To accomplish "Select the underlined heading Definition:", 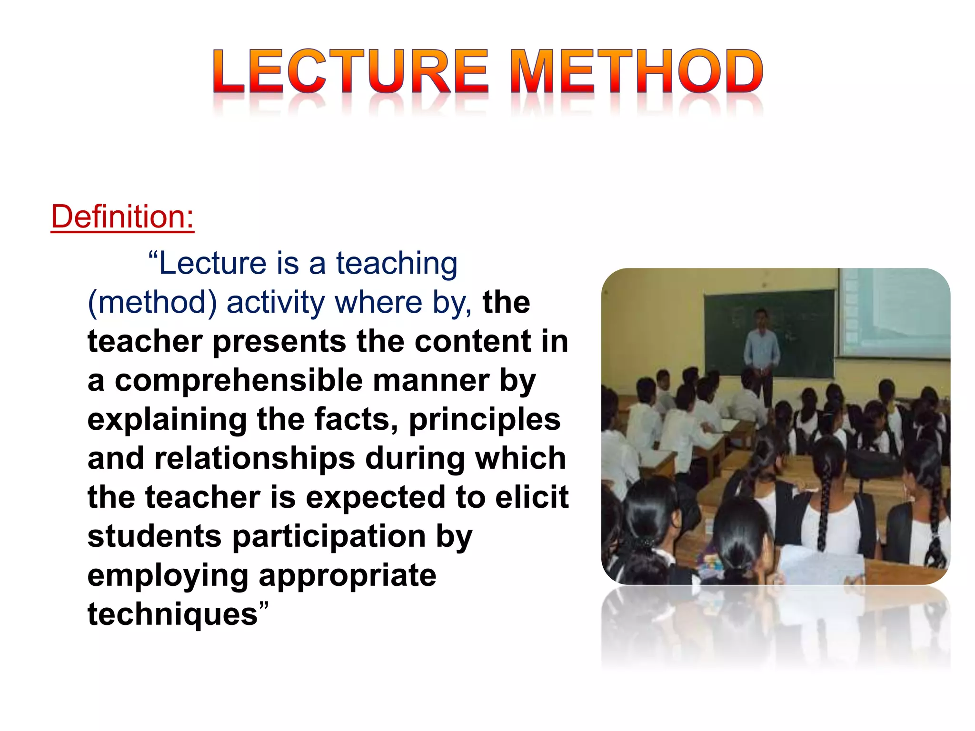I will tap(122, 217).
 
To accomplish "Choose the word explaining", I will tap(167, 420).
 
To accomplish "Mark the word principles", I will tap(485, 420).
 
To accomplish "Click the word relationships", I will tap(255, 458).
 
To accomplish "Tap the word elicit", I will tap(532, 497).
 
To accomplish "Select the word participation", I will tap(329, 536).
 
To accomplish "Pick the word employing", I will tap(168, 575).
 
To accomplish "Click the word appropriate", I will tap(347, 575).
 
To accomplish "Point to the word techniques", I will tap(172, 614).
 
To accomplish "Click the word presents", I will tap(279, 342).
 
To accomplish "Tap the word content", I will tap(472, 342).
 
